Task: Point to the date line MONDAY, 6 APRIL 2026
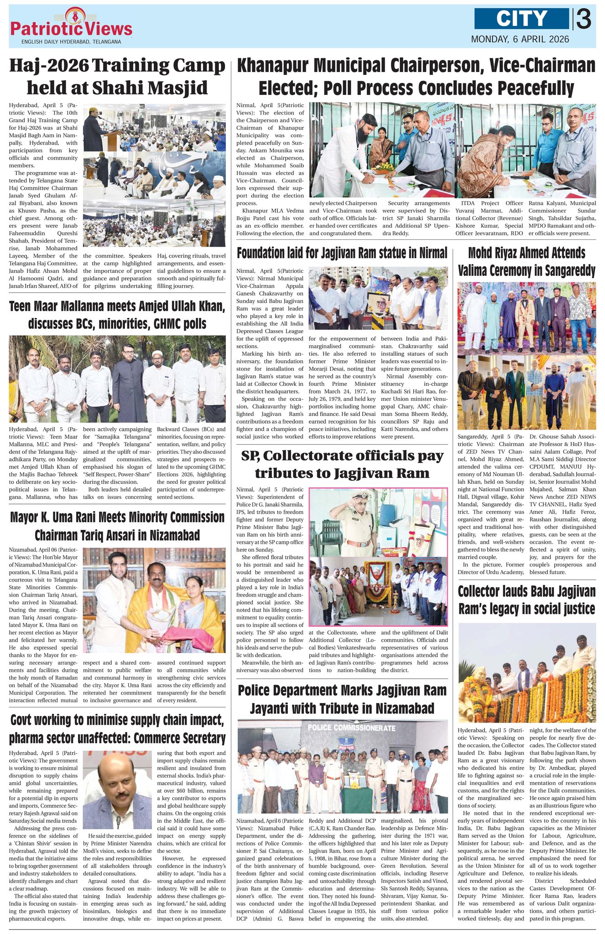point(520,39)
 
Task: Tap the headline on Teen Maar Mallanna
point(117,315)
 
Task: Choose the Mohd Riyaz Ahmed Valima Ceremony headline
point(527,262)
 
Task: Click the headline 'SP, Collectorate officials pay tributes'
point(342,465)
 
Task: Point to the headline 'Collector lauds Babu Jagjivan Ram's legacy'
point(527,600)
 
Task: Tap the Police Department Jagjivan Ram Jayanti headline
point(342,699)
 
